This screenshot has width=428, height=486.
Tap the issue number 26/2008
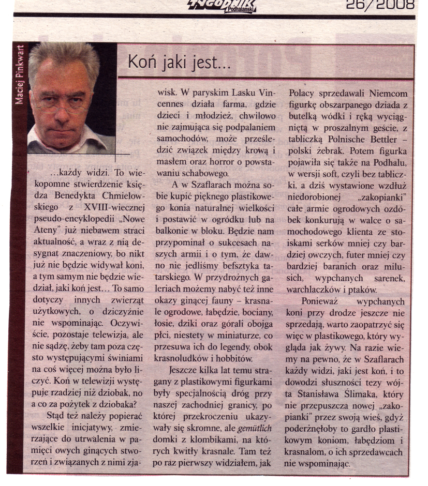(x=381, y=5)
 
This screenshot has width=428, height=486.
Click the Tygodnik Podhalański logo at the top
(x=223, y=6)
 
